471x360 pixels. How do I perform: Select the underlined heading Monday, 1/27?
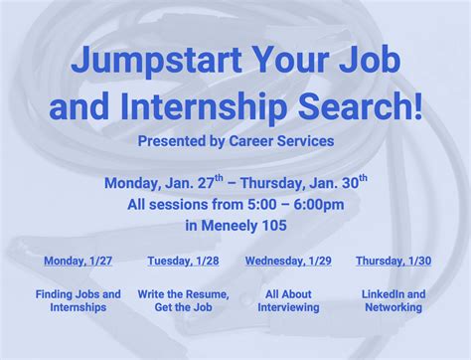coord(78,261)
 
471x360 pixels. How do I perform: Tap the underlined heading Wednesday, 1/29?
coord(288,261)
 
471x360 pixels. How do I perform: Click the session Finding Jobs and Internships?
coord(78,300)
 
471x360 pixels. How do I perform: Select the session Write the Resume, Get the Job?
coord(183,300)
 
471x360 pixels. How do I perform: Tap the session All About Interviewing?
coord(288,300)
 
